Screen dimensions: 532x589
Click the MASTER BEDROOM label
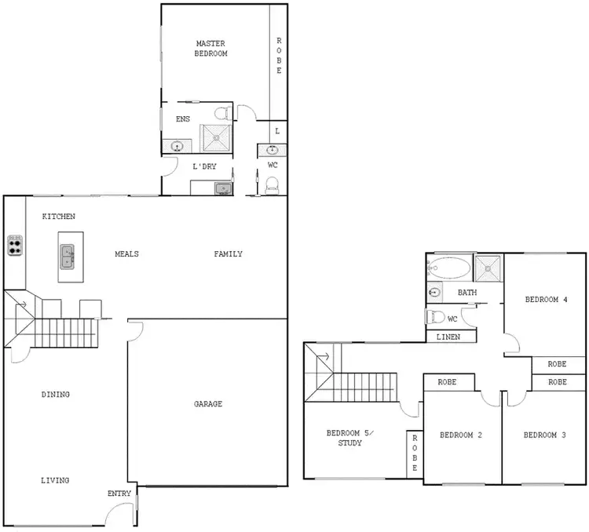point(211,48)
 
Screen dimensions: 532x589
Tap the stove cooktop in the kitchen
point(15,246)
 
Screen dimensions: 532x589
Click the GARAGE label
point(208,404)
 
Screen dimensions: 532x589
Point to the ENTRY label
point(119,493)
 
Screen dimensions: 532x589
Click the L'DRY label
point(205,166)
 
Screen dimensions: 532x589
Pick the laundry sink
point(222,188)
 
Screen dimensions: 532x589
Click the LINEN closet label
point(448,337)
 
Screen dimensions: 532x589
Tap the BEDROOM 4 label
point(546,300)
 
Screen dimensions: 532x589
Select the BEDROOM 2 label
point(460,435)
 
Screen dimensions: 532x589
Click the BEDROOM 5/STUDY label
point(349,438)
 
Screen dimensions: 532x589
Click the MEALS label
point(126,253)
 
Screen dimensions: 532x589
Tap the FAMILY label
point(229,253)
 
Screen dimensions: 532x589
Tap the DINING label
point(56,395)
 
